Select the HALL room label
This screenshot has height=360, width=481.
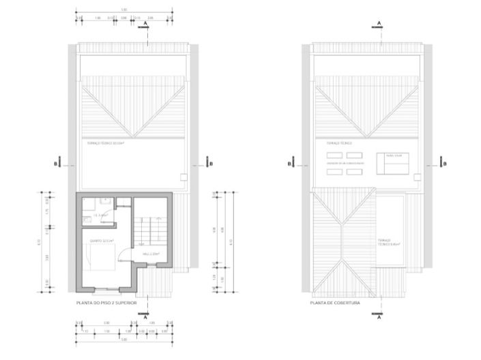[151, 254]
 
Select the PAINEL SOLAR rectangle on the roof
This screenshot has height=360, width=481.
[393, 164]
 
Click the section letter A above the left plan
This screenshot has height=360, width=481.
[145, 22]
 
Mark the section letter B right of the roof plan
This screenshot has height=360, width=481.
[445, 164]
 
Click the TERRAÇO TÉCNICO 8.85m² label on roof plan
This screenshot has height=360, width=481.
[390, 242]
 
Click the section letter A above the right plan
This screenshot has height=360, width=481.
[379, 22]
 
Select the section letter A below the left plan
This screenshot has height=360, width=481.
[145, 316]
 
